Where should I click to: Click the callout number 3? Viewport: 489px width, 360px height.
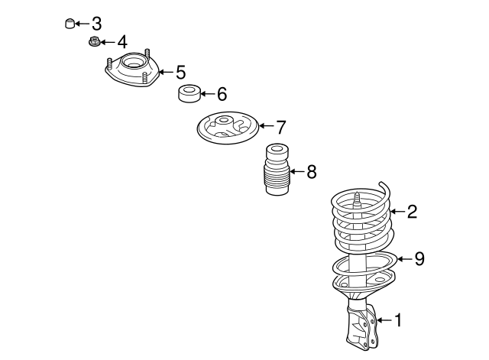point(97,24)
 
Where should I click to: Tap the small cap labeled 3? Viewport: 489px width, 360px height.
point(70,24)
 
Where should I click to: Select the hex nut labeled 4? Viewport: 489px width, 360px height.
point(93,41)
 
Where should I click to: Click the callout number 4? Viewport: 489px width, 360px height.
point(122,42)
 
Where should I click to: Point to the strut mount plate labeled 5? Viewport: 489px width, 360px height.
point(131,69)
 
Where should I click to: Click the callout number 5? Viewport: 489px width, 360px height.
point(181,72)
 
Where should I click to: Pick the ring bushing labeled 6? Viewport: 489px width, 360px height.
point(189,93)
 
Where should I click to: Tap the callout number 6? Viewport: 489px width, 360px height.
point(222,94)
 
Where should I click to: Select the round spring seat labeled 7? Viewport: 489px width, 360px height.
point(228,128)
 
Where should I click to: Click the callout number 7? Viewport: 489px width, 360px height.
point(281,127)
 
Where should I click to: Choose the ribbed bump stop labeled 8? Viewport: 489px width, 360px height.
point(277,170)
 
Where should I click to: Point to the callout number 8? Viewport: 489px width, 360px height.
point(312,171)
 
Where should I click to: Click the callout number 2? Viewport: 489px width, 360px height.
point(413,212)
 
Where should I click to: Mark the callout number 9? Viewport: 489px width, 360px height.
point(419,258)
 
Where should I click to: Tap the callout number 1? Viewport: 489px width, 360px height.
point(398,320)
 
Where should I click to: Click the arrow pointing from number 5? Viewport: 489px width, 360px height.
point(167,72)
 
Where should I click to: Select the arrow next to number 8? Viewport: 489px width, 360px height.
point(296,171)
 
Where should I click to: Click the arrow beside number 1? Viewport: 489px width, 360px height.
point(384,320)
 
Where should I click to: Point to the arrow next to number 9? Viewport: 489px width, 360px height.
point(404,259)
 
